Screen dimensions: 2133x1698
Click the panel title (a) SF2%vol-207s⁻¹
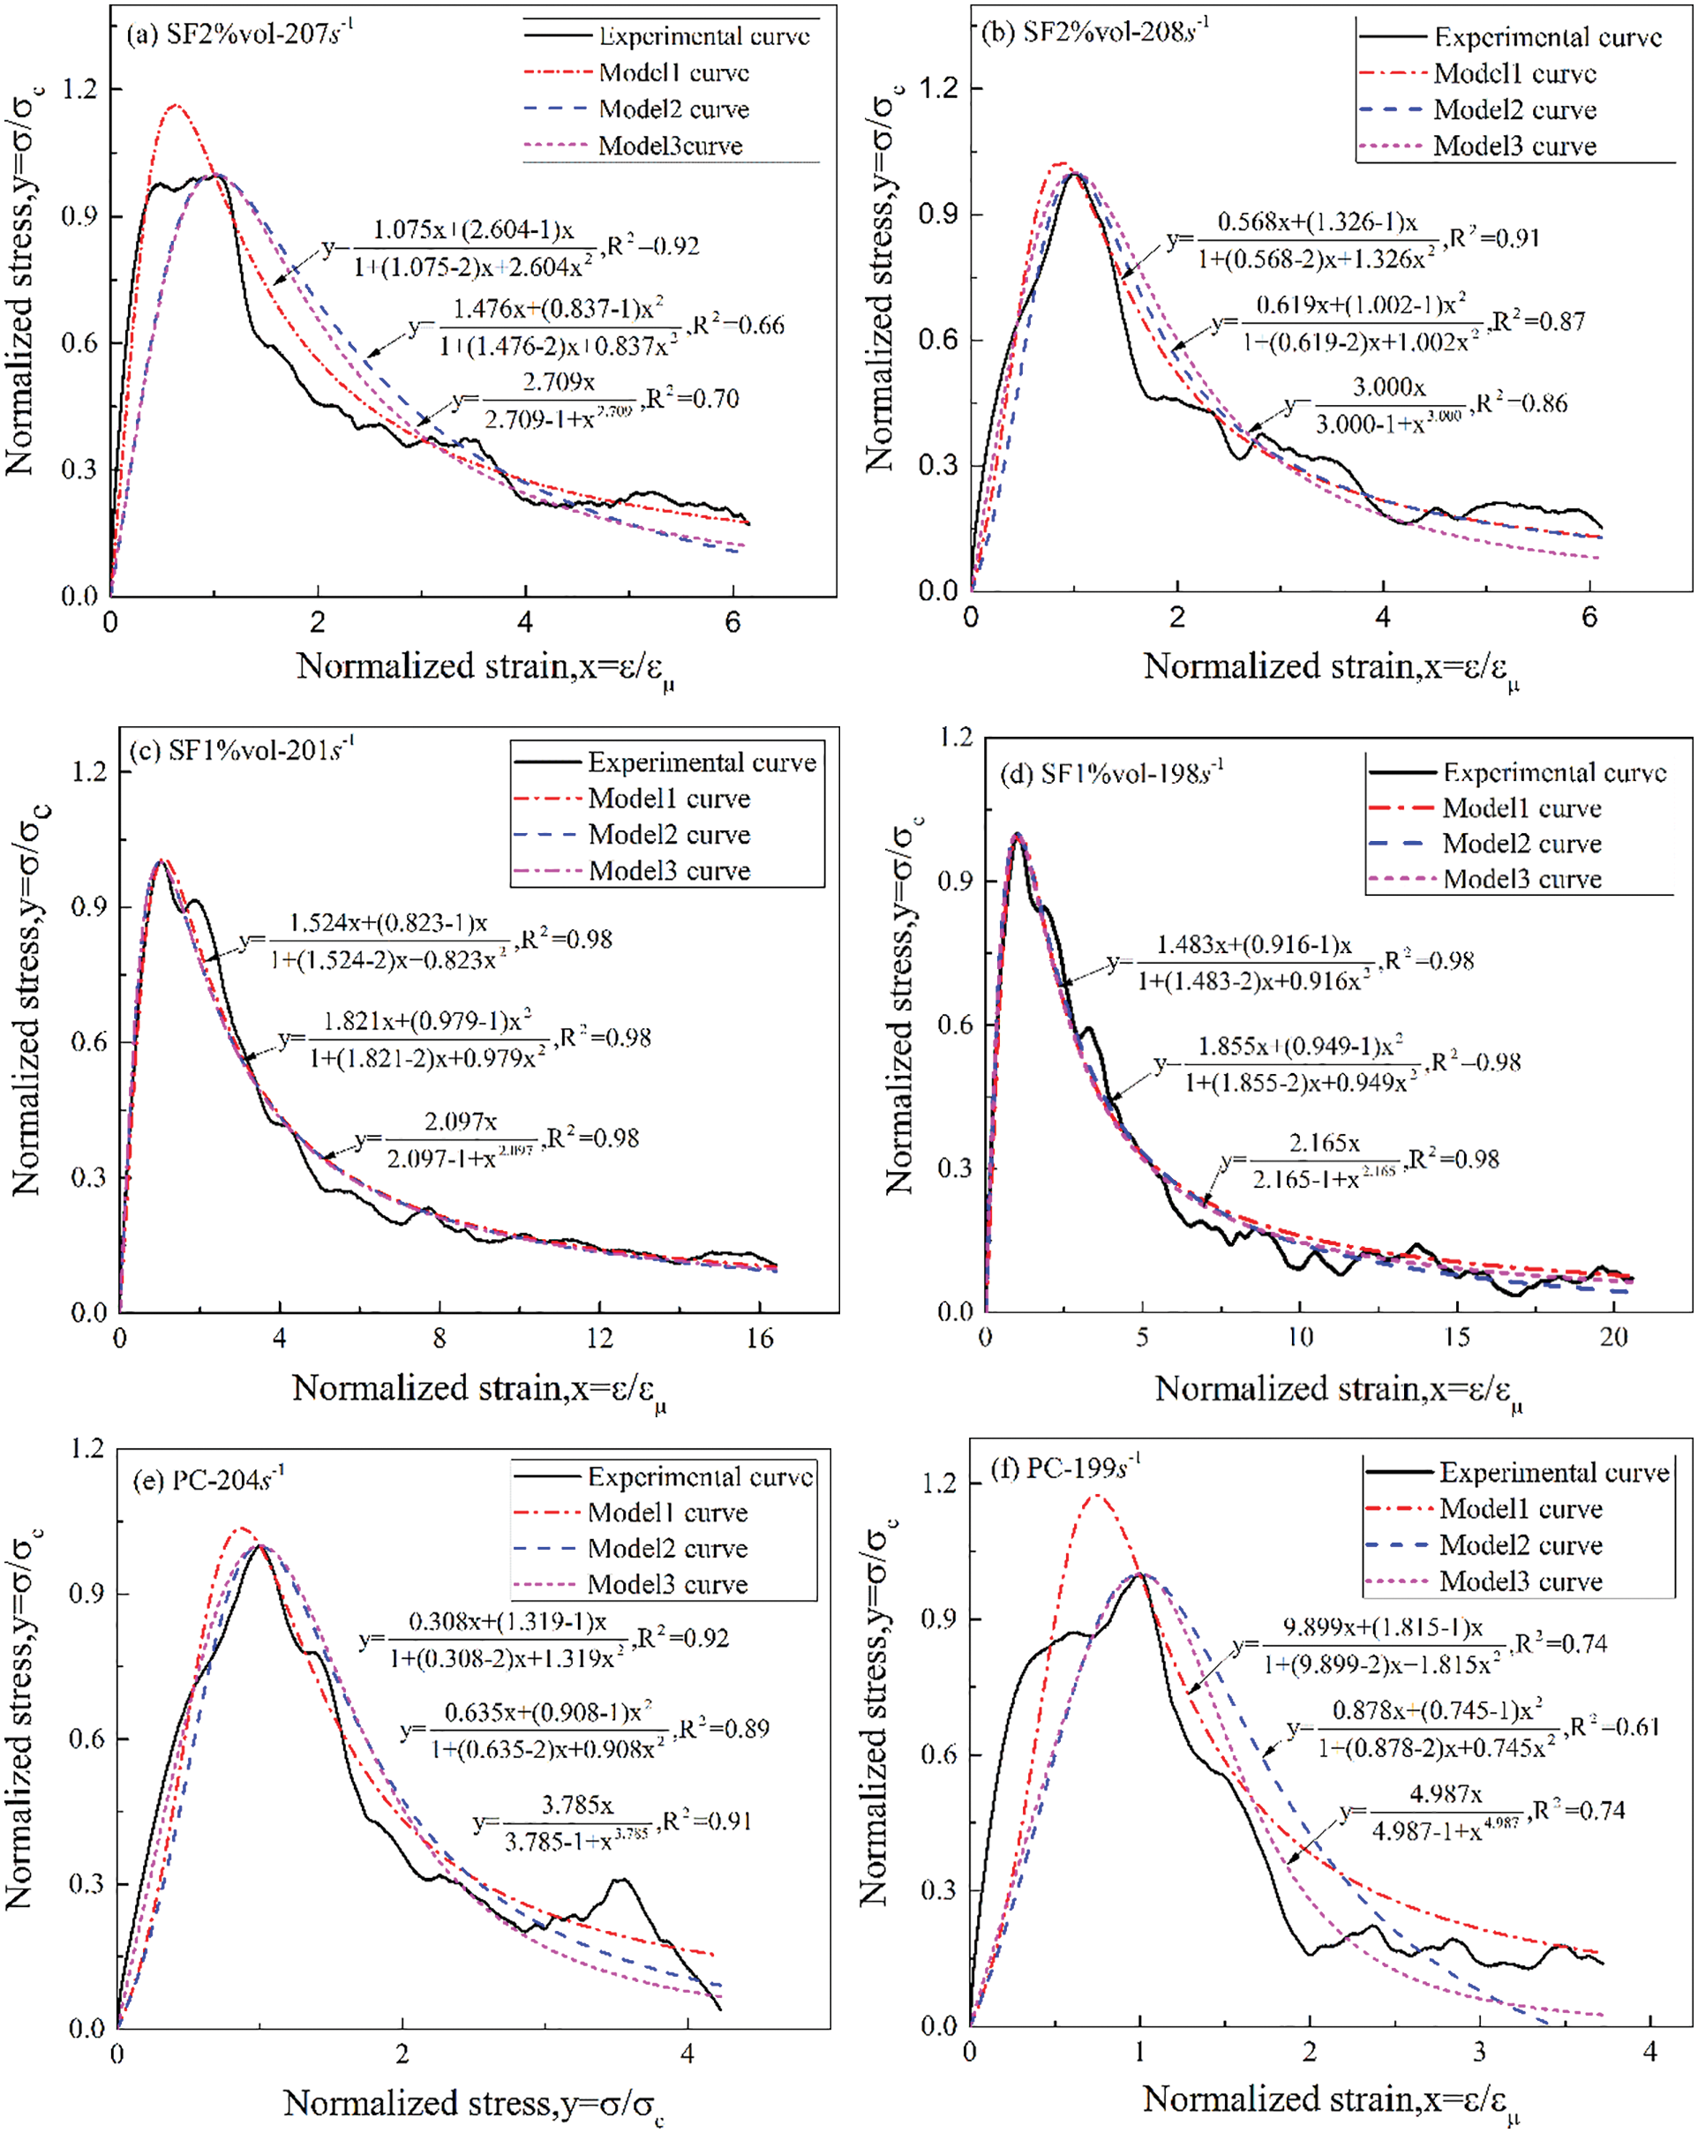[x=239, y=33]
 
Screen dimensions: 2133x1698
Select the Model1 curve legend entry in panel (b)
[x=1514, y=74]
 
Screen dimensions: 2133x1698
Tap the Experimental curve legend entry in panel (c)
[x=702, y=762]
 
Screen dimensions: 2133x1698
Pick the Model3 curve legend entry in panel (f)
[x=1520, y=1581]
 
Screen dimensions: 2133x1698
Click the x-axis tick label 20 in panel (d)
[x=1613, y=1337]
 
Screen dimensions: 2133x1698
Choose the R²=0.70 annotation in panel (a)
[x=693, y=399]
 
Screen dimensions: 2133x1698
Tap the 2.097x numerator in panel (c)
[x=460, y=1121]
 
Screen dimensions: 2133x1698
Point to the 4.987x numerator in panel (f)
[x=1445, y=1793]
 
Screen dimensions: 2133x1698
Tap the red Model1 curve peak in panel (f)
[x=1095, y=1496]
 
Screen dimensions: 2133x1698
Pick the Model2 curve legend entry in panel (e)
[x=667, y=1548]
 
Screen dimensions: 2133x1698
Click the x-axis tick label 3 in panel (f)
[x=1479, y=2052]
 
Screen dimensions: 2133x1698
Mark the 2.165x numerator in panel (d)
[x=1324, y=1144]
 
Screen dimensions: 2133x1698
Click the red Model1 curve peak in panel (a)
[x=177, y=105]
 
